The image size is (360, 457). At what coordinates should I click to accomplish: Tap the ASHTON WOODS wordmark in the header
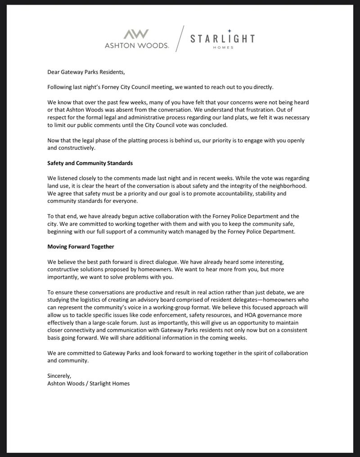137,45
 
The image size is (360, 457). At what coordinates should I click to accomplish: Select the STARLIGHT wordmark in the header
222,39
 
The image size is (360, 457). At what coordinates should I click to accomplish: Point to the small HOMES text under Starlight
223,48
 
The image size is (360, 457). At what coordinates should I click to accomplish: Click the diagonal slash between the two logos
180,40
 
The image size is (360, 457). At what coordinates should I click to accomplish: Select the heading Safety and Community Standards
90,163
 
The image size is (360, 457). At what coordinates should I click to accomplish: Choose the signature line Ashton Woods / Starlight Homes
89,383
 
